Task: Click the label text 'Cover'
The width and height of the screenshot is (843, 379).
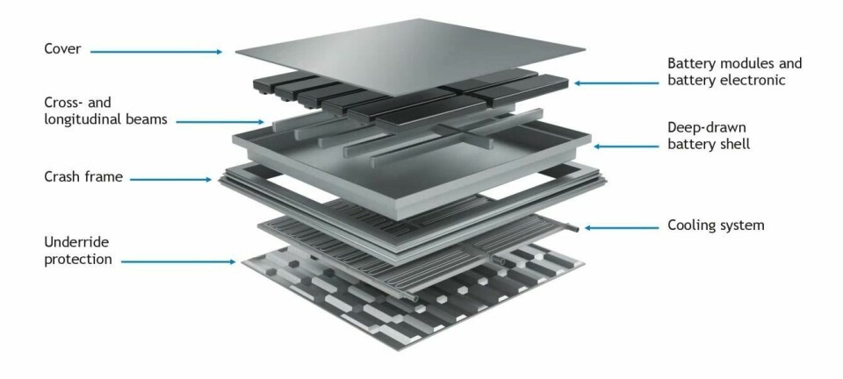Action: pyautogui.click(x=62, y=49)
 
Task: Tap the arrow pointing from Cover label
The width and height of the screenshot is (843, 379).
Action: pyautogui.click(x=156, y=52)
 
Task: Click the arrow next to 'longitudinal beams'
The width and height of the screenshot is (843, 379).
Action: pyautogui.click(x=220, y=122)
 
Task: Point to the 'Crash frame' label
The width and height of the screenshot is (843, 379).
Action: pyautogui.click(x=83, y=176)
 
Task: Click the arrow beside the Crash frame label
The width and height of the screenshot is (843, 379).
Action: pyautogui.click(x=170, y=179)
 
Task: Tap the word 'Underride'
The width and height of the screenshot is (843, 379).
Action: pyautogui.click(x=76, y=242)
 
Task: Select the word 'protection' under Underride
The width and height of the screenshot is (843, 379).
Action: pyautogui.click(x=78, y=260)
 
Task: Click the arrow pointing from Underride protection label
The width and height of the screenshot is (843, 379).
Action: pyautogui.click(x=178, y=262)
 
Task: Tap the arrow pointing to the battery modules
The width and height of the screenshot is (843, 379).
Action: pyautogui.click(x=616, y=83)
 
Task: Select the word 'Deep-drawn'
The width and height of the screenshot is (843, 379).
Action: pyautogui.click(x=707, y=128)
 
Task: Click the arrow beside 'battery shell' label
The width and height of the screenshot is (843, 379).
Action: pyautogui.click(x=626, y=146)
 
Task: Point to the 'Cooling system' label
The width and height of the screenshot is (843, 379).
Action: pyautogui.click(x=716, y=225)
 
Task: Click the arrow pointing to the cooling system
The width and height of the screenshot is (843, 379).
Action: pyautogui.click(x=622, y=227)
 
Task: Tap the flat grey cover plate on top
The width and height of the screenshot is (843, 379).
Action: pyautogui.click(x=410, y=56)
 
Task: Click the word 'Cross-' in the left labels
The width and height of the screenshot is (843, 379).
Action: pyautogui.click(x=62, y=103)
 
